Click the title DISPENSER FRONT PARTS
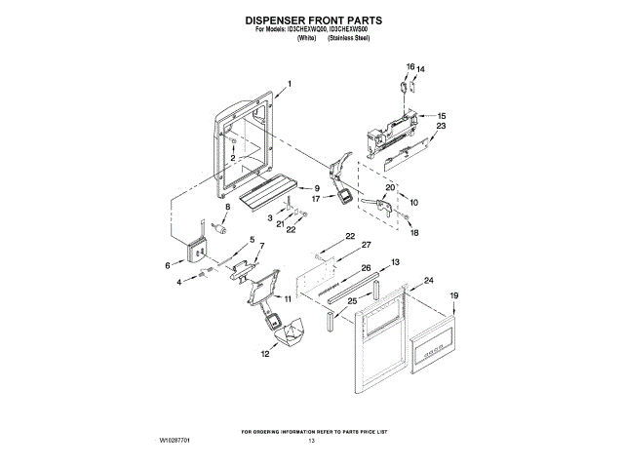click(x=312, y=19)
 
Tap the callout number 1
click(x=290, y=86)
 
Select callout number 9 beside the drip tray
click(x=317, y=187)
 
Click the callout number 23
click(x=441, y=127)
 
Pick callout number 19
click(x=452, y=294)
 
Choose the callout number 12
click(x=262, y=355)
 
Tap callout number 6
click(x=168, y=263)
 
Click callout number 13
click(x=396, y=262)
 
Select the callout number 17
click(x=316, y=198)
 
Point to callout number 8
click(x=229, y=207)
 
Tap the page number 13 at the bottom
click(x=312, y=442)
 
